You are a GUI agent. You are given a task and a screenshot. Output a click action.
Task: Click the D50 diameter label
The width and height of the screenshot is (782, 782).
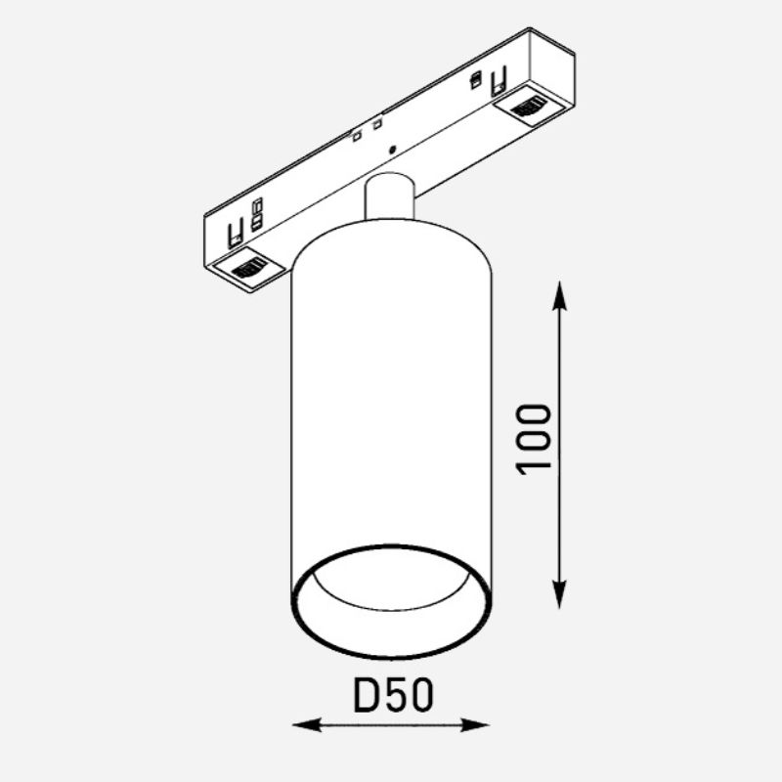point(393,695)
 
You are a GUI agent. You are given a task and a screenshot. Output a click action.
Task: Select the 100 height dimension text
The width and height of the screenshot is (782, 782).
point(534,439)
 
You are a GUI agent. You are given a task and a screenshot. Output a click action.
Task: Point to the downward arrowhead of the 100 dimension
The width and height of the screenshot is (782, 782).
point(559,594)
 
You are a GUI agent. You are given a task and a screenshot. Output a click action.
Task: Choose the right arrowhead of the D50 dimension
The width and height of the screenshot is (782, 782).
point(474,724)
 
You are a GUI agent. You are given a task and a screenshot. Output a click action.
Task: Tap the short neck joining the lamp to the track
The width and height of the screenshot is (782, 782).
point(389,196)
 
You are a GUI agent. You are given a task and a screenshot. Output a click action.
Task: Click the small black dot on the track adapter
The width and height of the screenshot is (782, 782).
point(392,149)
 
